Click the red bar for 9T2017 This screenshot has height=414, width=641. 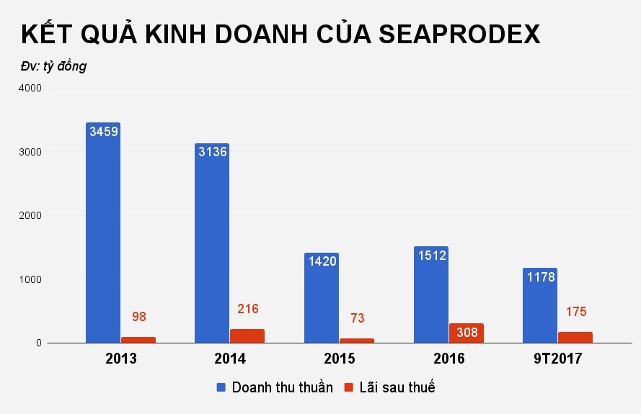click(x=575, y=338)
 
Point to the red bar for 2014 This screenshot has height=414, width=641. click(x=247, y=336)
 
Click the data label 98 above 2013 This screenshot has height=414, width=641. click(x=139, y=317)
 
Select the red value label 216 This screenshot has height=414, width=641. click(x=247, y=309)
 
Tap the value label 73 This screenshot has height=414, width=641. click(x=357, y=318)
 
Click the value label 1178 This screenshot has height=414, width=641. click(x=540, y=276)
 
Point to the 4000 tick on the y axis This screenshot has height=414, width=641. click(x=30, y=88)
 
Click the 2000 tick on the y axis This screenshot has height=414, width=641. click(x=30, y=215)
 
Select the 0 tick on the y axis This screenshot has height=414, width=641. click(x=39, y=343)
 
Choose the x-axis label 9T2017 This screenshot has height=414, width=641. click(x=557, y=359)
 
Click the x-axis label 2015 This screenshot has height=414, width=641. click(x=339, y=359)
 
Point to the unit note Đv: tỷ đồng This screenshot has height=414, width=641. click(x=53, y=66)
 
